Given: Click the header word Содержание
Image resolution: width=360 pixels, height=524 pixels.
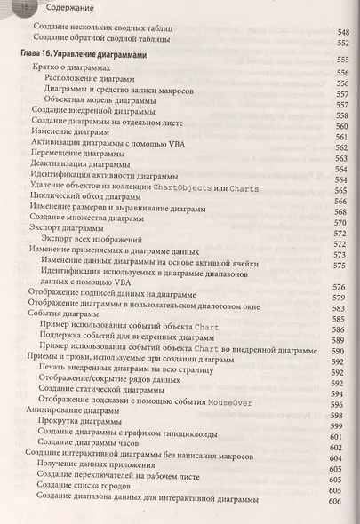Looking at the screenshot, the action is click(62, 7).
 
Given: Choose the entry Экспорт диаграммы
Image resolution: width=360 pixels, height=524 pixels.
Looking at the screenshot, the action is click(68, 228).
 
